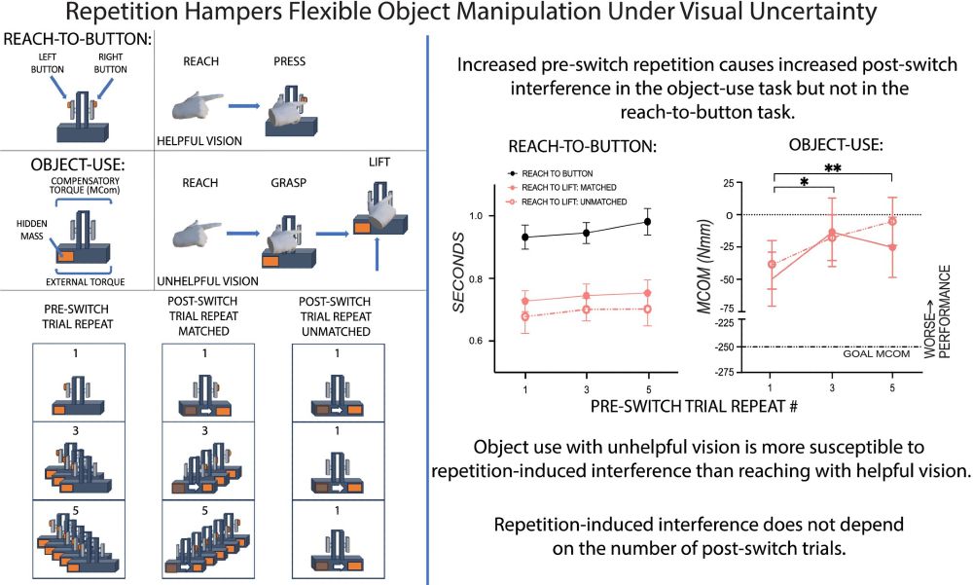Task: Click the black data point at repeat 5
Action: pos(647,222)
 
